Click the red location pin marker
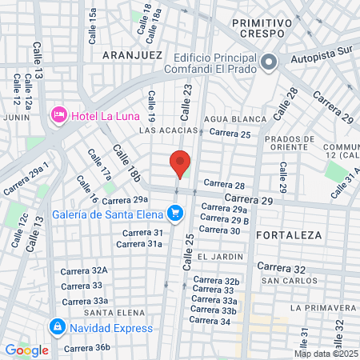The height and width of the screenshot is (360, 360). [180, 163]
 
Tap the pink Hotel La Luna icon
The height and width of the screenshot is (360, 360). [58, 116]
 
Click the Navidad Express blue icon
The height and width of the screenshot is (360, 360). [57, 327]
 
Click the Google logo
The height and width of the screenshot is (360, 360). [26, 350]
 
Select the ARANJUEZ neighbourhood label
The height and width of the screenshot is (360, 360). [133, 55]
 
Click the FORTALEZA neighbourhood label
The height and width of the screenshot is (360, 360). [289, 235]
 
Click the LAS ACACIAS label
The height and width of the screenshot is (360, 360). [168, 130]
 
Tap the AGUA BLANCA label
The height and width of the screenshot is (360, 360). [235, 119]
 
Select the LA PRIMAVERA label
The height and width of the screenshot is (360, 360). [323, 307]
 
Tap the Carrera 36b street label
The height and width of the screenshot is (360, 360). [86, 348]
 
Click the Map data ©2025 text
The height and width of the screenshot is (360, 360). [326, 354]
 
